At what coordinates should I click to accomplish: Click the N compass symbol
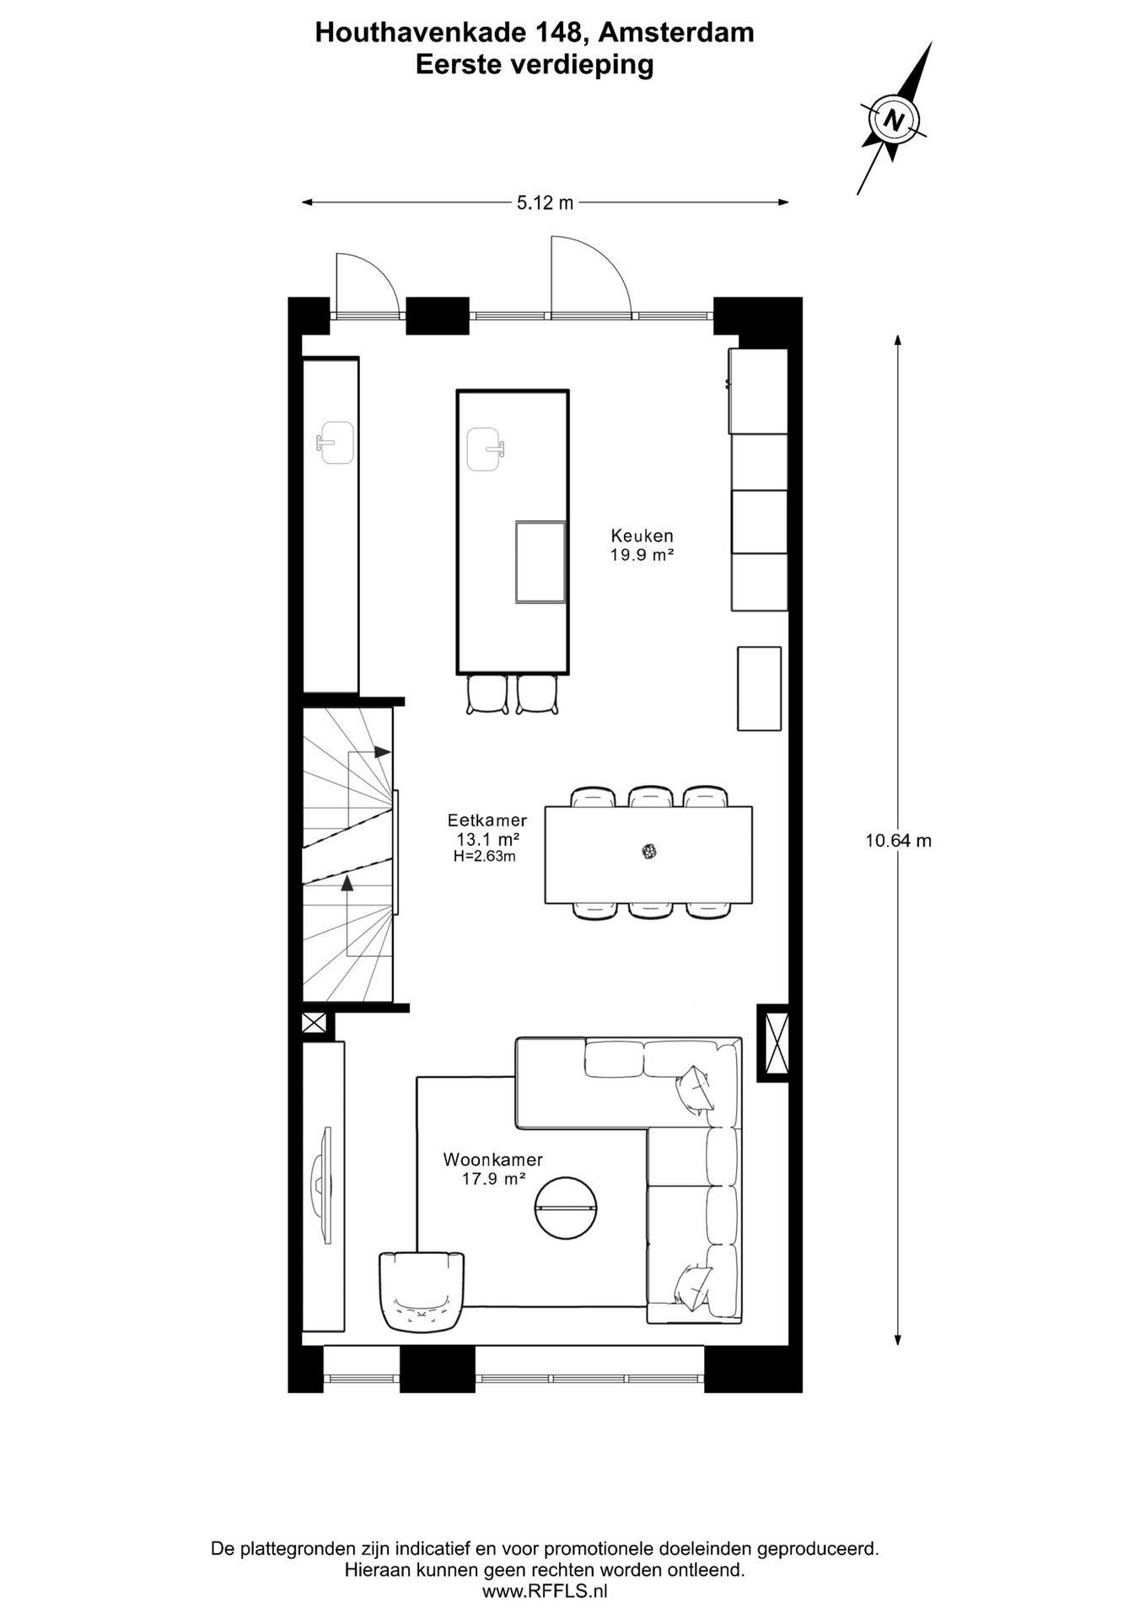[x=893, y=119]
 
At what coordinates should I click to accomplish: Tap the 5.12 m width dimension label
[x=545, y=202]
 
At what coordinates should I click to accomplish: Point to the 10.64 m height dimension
[x=898, y=840]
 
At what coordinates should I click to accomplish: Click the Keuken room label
[x=642, y=535]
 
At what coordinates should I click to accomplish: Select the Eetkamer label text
[x=487, y=820]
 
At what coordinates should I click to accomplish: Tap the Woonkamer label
[x=493, y=1159]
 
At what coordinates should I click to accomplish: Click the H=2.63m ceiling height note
[x=485, y=857]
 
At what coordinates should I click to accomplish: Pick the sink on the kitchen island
[x=486, y=449]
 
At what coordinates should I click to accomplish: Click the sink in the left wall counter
[x=336, y=443]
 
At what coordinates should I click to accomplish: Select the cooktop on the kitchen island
[x=540, y=562]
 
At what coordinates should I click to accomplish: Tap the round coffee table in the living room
[x=566, y=1208]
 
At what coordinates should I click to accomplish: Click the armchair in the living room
[x=421, y=1291]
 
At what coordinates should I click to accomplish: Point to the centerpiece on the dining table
[x=648, y=852]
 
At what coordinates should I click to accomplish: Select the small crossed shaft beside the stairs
[x=313, y=1023]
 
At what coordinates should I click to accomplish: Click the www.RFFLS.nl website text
[x=545, y=1591]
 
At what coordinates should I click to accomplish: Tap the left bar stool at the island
[x=487, y=695]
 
